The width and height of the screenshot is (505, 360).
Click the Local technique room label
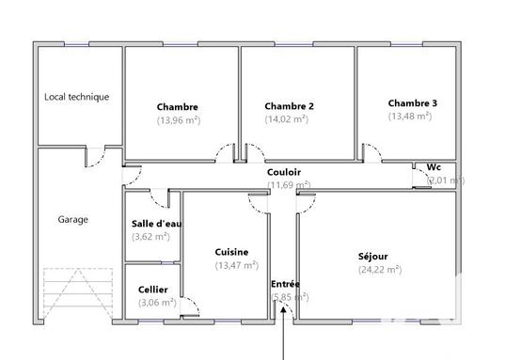click(x=77, y=97)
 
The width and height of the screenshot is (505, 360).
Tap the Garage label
click(x=73, y=220)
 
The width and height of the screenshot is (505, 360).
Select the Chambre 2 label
click(x=290, y=106)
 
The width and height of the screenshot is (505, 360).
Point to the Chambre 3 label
click(x=412, y=102)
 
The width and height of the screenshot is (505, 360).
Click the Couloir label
click(x=284, y=172)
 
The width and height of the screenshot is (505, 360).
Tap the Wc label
click(x=434, y=167)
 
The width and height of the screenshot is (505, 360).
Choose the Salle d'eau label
click(x=157, y=224)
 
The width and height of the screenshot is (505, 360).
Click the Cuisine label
click(x=231, y=252)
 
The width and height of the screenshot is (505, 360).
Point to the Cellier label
click(x=153, y=290)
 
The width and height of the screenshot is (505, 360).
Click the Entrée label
click(x=286, y=284)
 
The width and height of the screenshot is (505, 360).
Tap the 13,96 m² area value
click(x=179, y=120)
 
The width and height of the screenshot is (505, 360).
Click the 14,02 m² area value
click(x=287, y=119)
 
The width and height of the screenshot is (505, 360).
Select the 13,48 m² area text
click(x=410, y=116)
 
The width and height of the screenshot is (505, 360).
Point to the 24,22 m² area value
click(x=379, y=270)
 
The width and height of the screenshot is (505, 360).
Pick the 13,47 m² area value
click(x=236, y=265)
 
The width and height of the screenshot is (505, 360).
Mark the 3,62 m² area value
click(x=150, y=237)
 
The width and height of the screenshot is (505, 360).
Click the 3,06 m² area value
click(x=156, y=303)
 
